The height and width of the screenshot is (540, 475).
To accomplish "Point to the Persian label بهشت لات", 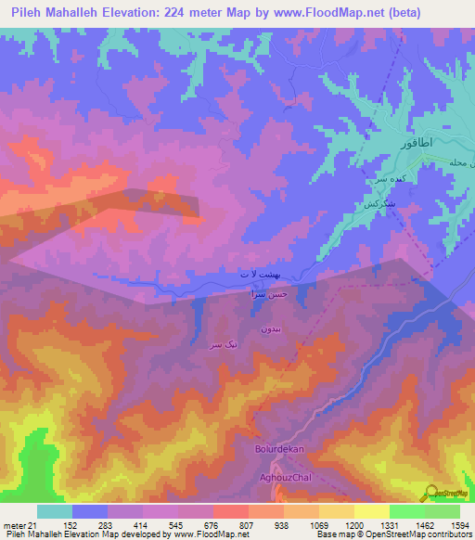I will (x=257, y=276).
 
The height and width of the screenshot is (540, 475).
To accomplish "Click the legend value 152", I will (x=71, y=525).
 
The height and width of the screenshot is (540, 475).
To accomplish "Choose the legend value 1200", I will (x=343, y=525).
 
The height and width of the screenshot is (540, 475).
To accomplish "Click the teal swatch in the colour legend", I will (x=55, y=511).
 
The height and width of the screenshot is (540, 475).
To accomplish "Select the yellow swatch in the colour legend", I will (x=371, y=511).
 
